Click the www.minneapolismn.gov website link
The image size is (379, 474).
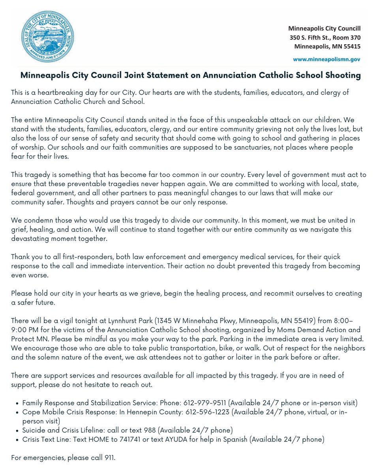coord(326,59)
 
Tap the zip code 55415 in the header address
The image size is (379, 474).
coord(351,46)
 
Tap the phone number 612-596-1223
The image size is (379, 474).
coord(210,412)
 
